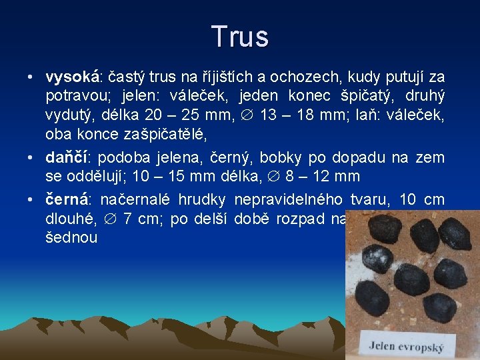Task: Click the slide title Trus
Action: point(240,37)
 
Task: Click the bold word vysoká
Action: point(73,77)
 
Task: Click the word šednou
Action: point(71,237)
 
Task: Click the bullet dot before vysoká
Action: point(31,78)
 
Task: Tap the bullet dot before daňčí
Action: point(31,159)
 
